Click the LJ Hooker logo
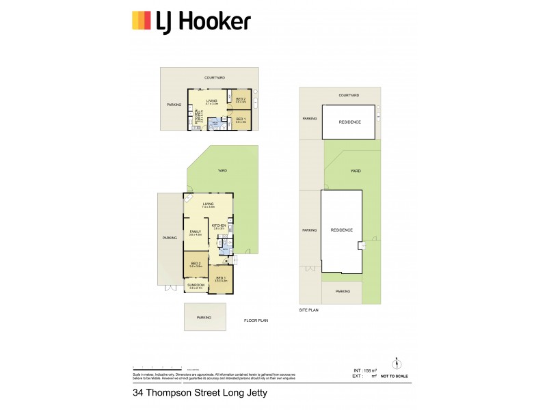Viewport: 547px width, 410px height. [x=191, y=21]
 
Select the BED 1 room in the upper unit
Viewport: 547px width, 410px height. [x=241, y=121]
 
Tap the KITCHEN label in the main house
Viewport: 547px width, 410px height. [x=219, y=226]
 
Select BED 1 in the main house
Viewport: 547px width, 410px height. [x=220, y=279]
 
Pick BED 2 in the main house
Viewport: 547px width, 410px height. [x=196, y=264]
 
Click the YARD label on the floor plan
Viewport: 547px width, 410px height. [x=222, y=171]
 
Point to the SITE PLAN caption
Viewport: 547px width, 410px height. [x=309, y=310]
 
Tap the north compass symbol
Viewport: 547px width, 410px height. [x=395, y=362]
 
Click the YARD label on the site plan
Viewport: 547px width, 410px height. [x=355, y=172]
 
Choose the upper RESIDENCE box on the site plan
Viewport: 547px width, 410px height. [x=349, y=122]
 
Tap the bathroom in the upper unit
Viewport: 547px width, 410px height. [x=216, y=124]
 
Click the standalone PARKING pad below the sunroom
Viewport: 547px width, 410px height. [x=204, y=317]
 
